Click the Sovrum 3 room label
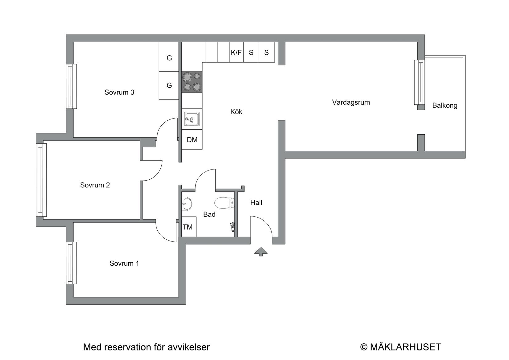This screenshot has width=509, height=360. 119,92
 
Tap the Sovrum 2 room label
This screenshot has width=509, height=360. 95,185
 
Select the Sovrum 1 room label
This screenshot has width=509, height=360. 124,263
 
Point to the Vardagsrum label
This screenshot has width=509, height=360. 351,103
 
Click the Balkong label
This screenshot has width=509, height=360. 445,106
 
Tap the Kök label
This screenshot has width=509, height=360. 236,112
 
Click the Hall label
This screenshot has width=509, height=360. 256,203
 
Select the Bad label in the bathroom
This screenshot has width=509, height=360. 209,215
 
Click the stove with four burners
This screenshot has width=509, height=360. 192,82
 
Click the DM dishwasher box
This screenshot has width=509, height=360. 192,140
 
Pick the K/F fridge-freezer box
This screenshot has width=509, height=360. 236,52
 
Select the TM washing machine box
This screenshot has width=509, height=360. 188,227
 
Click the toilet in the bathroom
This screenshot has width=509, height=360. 224,203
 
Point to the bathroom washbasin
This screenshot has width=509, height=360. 187,203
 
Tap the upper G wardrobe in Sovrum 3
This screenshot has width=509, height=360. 169,58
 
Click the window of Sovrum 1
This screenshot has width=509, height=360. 71,263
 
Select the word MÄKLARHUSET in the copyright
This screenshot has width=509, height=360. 405,347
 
